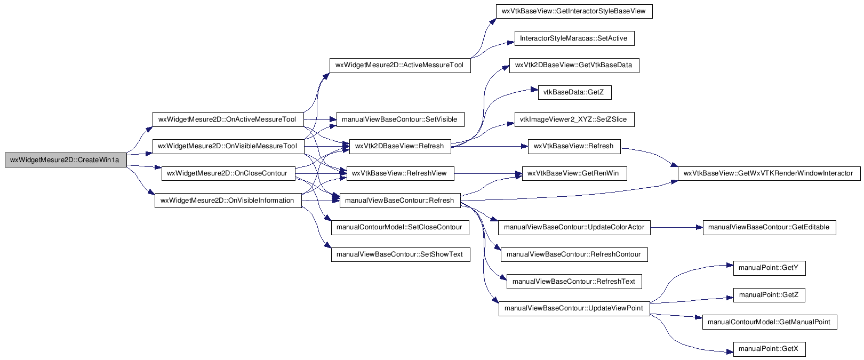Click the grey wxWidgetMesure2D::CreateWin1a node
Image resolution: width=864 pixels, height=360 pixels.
click(x=66, y=160)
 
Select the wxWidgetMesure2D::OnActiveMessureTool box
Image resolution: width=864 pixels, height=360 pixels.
click(x=228, y=119)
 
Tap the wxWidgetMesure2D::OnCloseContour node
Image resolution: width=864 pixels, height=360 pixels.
click(x=228, y=173)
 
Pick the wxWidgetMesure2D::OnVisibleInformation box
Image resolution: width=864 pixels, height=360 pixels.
click(x=228, y=200)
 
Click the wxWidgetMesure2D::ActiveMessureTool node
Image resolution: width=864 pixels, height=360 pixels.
click(x=400, y=65)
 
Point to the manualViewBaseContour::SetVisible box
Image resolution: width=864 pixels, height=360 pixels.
click(x=400, y=119)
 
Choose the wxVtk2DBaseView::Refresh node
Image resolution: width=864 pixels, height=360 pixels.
click(x=400, y=146)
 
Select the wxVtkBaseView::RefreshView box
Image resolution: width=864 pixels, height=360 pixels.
click(x=400, y=173)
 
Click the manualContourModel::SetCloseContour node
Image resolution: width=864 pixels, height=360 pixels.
click(x=400, y=227)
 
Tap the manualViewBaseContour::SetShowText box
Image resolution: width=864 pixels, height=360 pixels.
click(x=401, y=254)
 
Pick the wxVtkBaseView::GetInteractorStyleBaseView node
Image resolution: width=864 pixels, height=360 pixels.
click(x=574, y=11)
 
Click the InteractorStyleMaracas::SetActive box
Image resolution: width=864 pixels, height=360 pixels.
click(x=574, y=38)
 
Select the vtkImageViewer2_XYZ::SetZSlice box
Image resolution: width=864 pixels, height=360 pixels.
click(x=574, y=119)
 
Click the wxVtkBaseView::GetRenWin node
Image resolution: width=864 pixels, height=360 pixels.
click(x=574, y=173)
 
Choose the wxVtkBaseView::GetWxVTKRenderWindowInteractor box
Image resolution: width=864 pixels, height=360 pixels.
click(x=769, y=173)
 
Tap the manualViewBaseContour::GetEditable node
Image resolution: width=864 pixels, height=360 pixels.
click(x=769, y=227)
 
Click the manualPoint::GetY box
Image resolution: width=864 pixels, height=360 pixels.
click(x=769, y=268)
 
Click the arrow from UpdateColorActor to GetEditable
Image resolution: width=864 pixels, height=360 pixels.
click(x=677, y=227)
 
